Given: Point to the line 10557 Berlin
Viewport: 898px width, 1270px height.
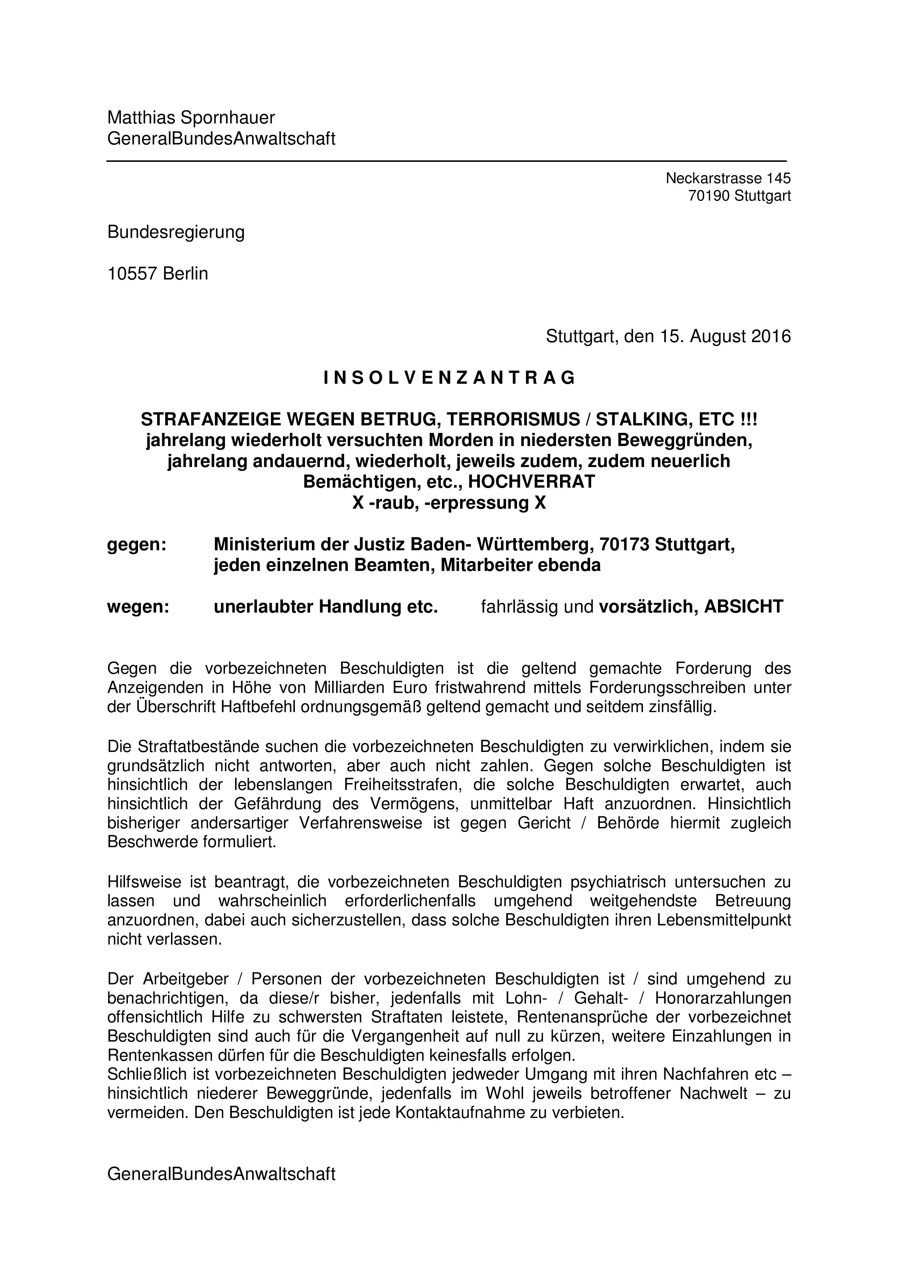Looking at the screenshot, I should click(158, 273).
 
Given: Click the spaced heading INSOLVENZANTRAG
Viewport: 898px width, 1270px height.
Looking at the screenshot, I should click(449, 378).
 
